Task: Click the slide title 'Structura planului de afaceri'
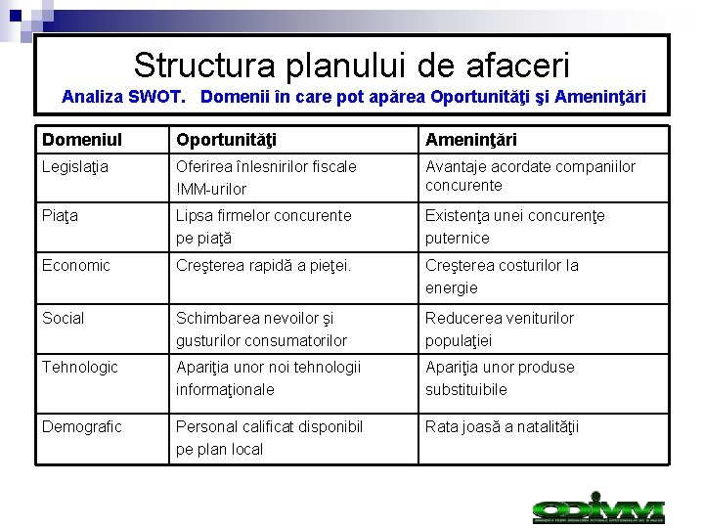pos(351,66)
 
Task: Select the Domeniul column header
pos(82,140)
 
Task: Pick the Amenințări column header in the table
pos(471,140)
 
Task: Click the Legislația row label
pos(76,167)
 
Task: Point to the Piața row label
pos(60,215)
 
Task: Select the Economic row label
pos(76,265)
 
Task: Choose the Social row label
pos(64,318)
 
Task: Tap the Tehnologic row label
pos(80,367)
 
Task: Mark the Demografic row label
pos(82,426)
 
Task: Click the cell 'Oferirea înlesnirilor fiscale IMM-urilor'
pos(266,177)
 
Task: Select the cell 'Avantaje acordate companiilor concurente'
pos(530,176)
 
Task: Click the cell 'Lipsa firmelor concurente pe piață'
pos(263,226)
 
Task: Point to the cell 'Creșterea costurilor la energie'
pos(502,276)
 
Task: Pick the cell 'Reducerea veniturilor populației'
pos(500,329)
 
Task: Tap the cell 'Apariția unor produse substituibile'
pos(500,377)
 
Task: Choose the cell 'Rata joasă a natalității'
pos(502,426)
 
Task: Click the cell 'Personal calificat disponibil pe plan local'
pos(269,437)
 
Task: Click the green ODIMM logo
pos(598,509)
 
